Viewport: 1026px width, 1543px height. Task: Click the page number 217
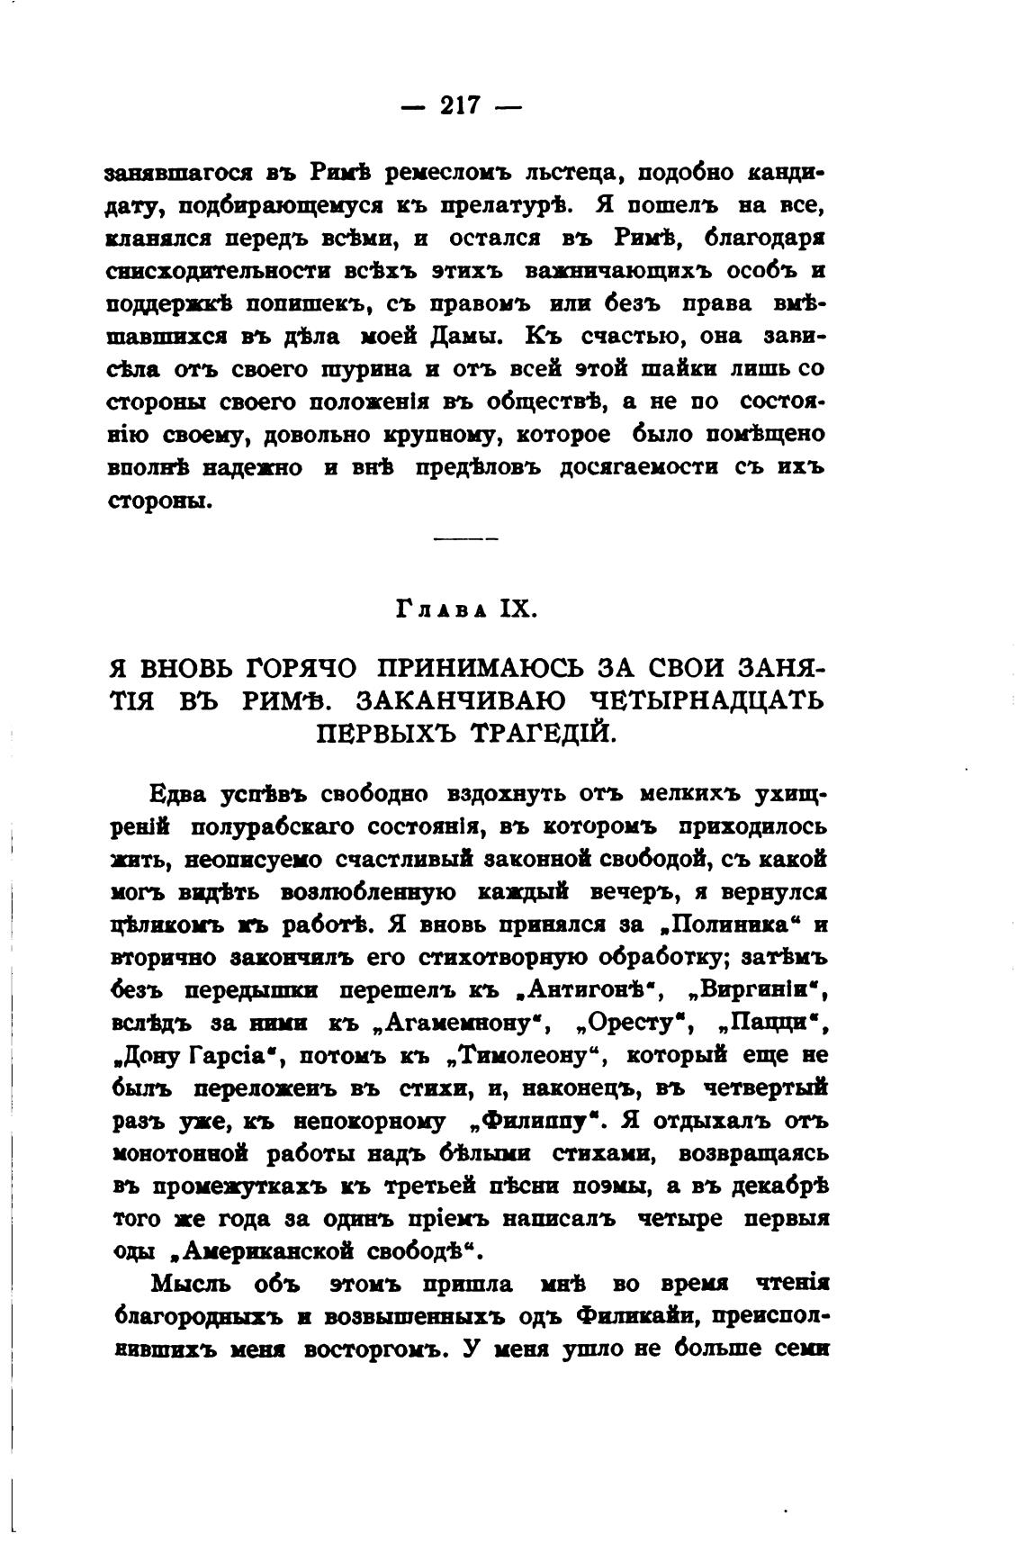point(460,106)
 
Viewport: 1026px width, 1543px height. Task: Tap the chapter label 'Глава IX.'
point(466,609)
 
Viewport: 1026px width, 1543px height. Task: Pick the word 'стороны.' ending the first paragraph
point(160,501)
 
